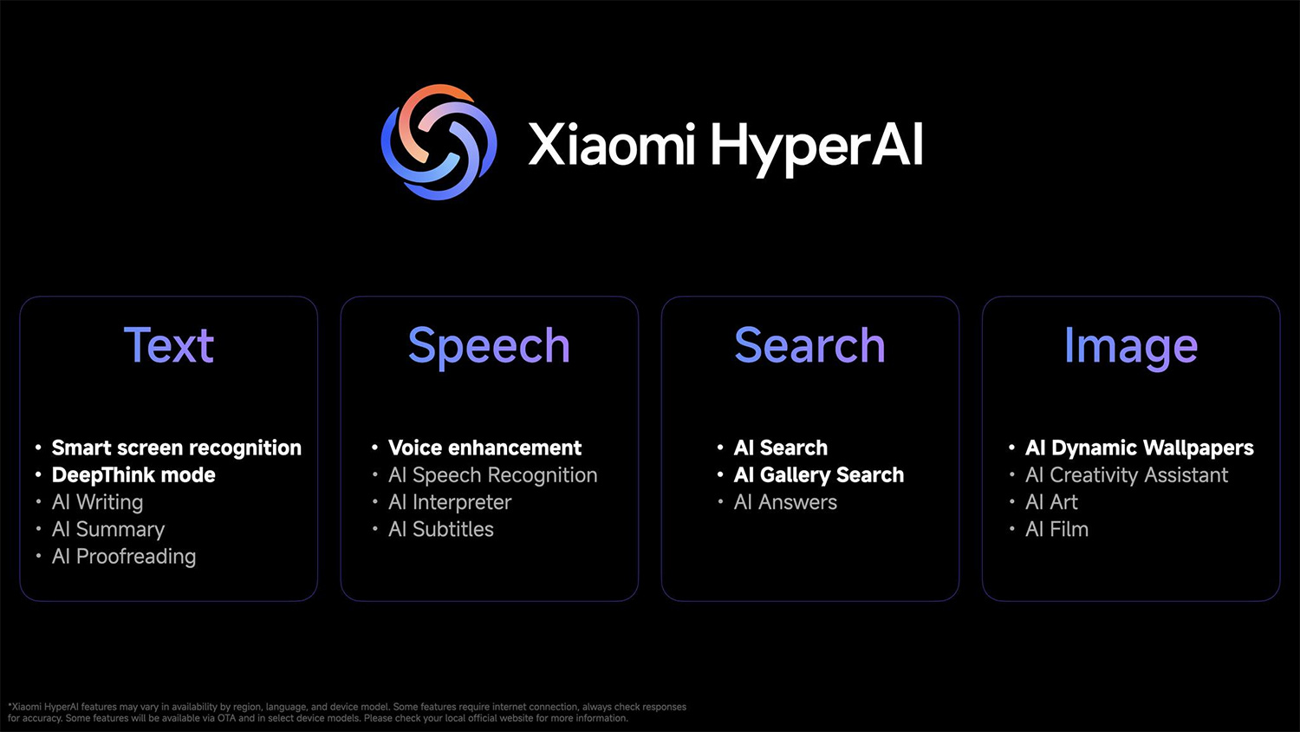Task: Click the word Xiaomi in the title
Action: (612, 144)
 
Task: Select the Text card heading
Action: (169, 345)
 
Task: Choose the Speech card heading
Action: (490, 348)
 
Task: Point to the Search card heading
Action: (809, 345)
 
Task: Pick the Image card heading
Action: (1130, 348)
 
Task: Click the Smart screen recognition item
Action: (177, 448)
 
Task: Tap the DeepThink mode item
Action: (133, 475)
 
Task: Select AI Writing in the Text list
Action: (97, 502)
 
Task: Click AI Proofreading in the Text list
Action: (124, 557)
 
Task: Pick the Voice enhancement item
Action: (484, 448)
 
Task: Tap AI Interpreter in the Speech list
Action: (450, 502)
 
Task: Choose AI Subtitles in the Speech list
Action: (441, 529)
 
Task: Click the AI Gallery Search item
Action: (819, 475)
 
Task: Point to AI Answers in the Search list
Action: (785, 502)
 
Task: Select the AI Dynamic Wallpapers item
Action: (1140, 448)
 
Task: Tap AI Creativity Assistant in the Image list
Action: (1127, 475)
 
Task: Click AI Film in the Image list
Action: (1056, 529)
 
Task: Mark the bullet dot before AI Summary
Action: (38, 529)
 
